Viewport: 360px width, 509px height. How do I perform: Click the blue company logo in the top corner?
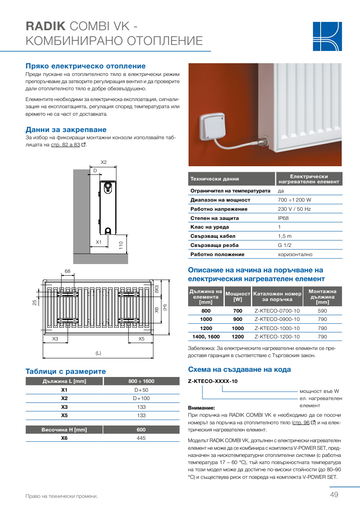tap(327, 36)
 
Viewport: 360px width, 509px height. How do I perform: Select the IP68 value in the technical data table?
tap(283, 218)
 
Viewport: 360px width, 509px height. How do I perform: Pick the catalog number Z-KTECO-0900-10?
tap(277, 319)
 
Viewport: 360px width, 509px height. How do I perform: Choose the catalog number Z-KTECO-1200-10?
tap(277, 337)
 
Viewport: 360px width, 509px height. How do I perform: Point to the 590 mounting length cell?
tap(322, 311)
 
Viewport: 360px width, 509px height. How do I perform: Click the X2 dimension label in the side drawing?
tap(103, 162)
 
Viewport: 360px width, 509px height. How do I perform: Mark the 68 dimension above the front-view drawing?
tap(67, 271)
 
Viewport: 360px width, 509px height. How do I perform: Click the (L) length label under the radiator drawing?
tap(98, 353)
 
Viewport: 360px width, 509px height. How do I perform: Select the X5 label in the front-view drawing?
tap(141, 339)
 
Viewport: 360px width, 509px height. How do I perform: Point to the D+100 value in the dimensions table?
tap(141, 398)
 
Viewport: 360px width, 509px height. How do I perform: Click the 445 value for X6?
tap(141, 438)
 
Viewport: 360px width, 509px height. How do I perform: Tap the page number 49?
tap(334, 495)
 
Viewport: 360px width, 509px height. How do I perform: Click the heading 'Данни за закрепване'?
tap(66, 130)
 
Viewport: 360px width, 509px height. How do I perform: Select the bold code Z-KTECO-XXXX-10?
tap(212, 381)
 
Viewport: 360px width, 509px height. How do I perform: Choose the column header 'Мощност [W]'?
tap(237, 296)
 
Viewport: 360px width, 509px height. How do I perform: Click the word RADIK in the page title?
tap(46, 27)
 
